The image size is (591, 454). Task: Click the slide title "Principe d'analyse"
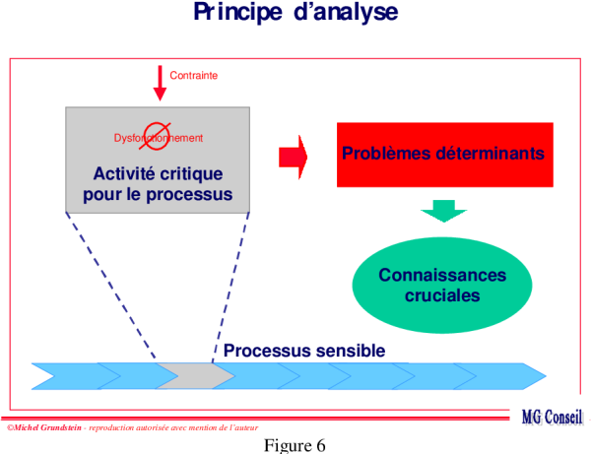(x=295, y=13)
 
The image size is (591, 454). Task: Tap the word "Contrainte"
(x=193, y=75)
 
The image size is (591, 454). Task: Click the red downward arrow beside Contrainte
(x=160, y=83)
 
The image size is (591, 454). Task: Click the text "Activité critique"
(x=157, y=173)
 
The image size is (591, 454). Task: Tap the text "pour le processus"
(x=157, y=194)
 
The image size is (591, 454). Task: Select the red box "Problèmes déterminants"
(x=441, y=155)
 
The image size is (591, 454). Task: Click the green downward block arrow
(x=443, y=210)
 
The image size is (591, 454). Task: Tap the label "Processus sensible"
(x=303, y=351)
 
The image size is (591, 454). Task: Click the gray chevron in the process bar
(x=195, y=375)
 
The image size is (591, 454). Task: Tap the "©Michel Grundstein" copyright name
(x=43, y=427)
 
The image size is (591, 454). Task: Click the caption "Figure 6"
(x=295, y=445)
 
